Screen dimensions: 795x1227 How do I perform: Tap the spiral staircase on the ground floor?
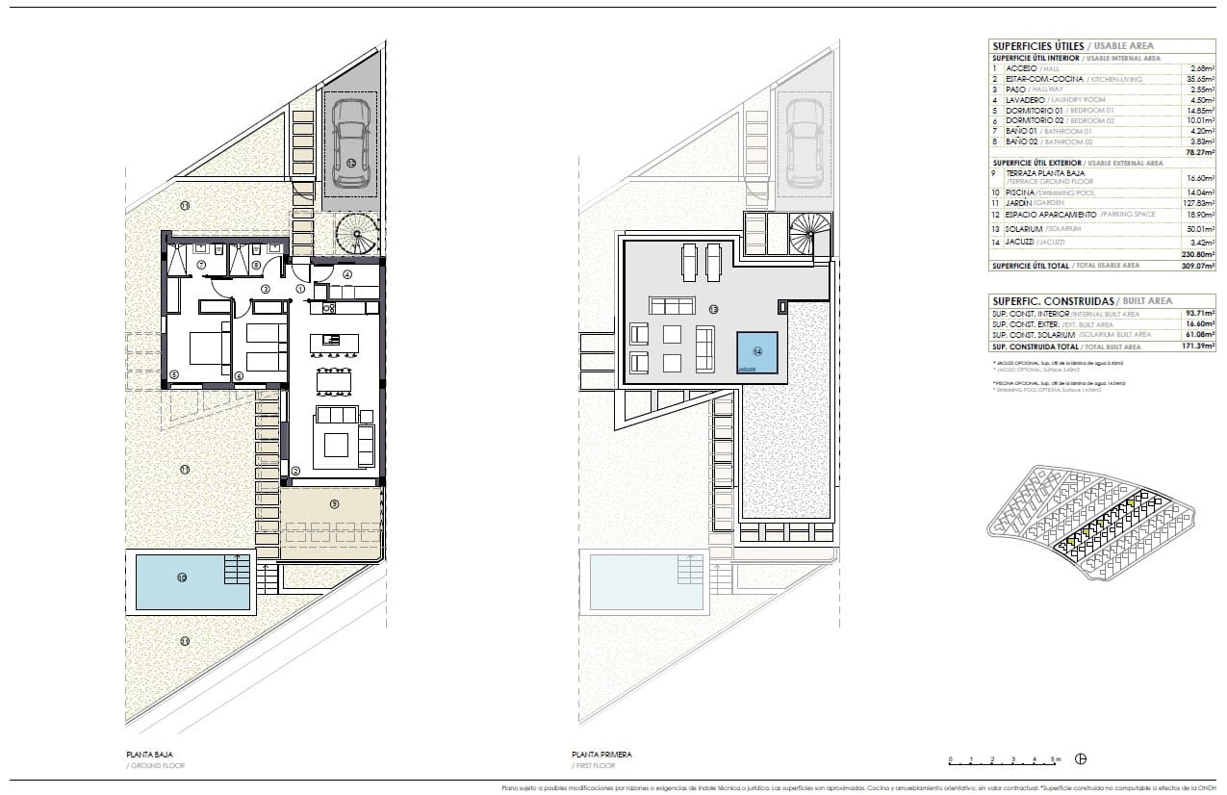pos(357,234)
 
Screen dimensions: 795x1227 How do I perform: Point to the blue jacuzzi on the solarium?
pos(757,352)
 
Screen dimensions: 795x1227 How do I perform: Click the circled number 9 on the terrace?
pos(334,502)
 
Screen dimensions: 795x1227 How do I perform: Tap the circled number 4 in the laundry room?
pos(346,274)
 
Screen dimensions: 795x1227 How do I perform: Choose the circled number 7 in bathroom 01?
pos(201,265)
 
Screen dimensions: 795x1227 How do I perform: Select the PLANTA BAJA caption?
pos(149,755)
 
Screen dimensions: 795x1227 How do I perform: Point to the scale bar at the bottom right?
pos(1005,759)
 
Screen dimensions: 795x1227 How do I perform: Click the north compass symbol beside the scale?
pos(1081,759)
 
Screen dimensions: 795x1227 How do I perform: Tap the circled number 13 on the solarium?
pos(713,310)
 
